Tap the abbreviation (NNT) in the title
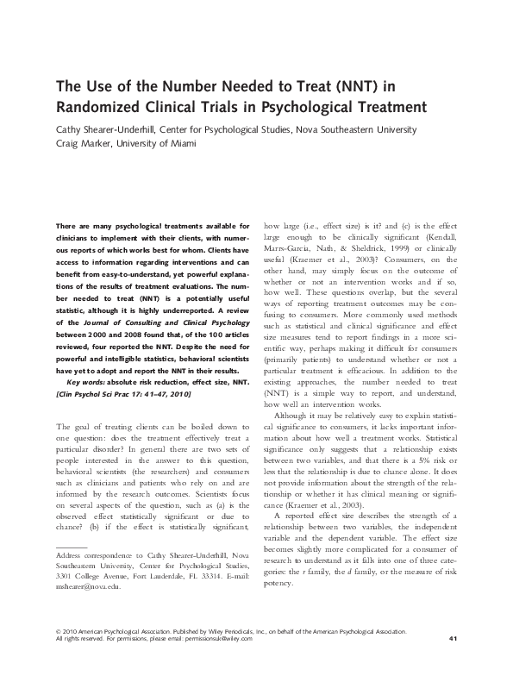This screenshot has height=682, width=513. click(x=343, y=88)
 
